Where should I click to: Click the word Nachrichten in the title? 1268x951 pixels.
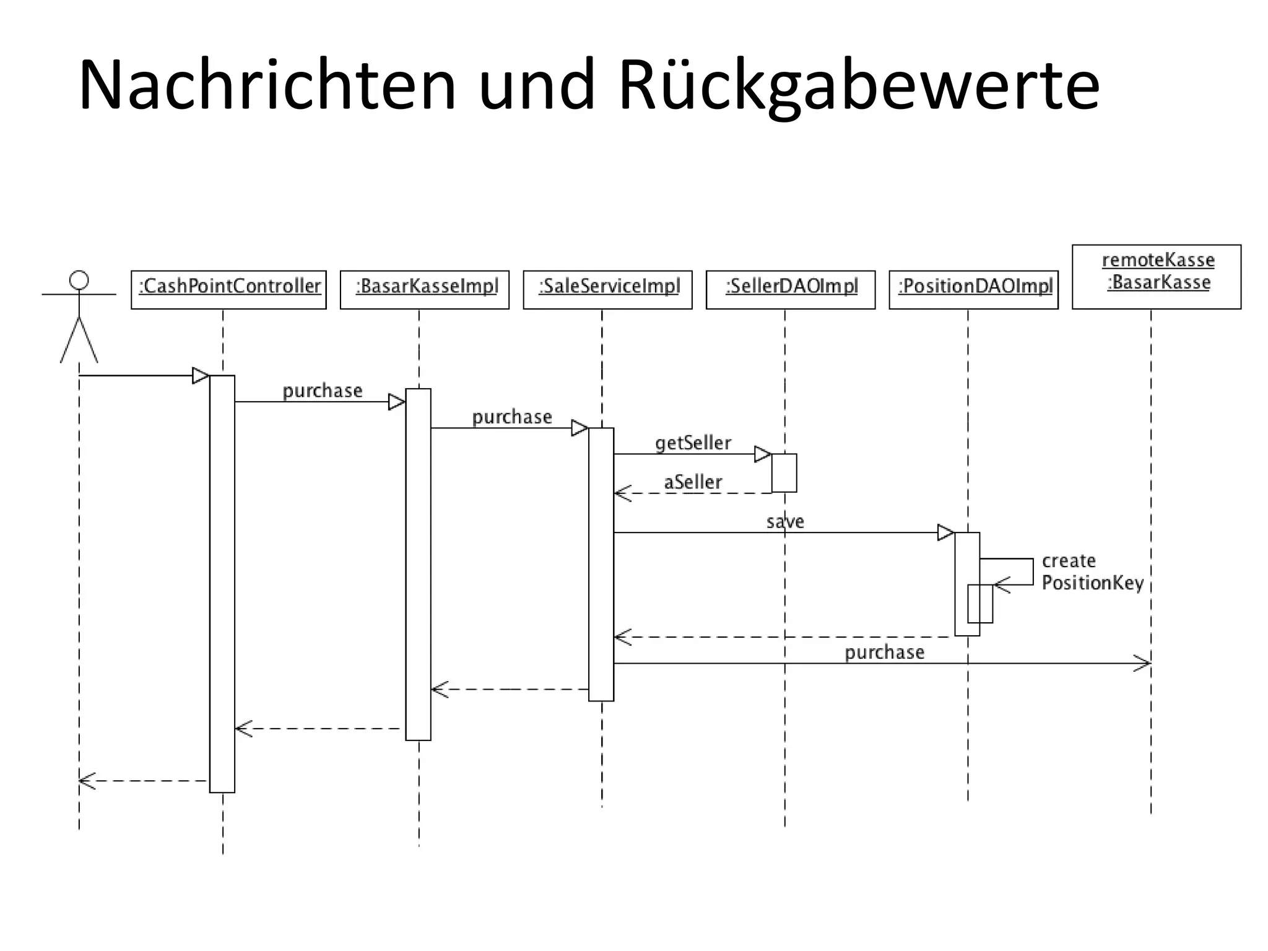266,85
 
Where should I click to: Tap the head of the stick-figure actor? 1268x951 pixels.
79,280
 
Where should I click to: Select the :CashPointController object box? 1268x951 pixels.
228,289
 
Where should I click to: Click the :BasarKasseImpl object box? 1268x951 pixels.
425,289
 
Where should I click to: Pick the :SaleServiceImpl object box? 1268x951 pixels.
607,289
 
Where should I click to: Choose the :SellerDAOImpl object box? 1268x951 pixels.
791,289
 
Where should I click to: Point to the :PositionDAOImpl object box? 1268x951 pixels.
973,289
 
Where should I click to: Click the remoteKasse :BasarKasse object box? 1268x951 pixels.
1157,276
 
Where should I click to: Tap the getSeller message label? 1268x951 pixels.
693,443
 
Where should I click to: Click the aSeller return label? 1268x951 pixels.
693,482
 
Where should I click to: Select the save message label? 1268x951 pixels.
785,522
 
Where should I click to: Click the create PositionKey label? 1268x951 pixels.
1092,572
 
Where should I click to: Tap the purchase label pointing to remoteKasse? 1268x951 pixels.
884,653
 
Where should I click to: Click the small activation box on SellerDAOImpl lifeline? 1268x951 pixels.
784,473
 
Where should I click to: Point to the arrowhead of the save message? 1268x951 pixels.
945,532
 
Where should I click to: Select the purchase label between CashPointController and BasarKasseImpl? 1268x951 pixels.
322,391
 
